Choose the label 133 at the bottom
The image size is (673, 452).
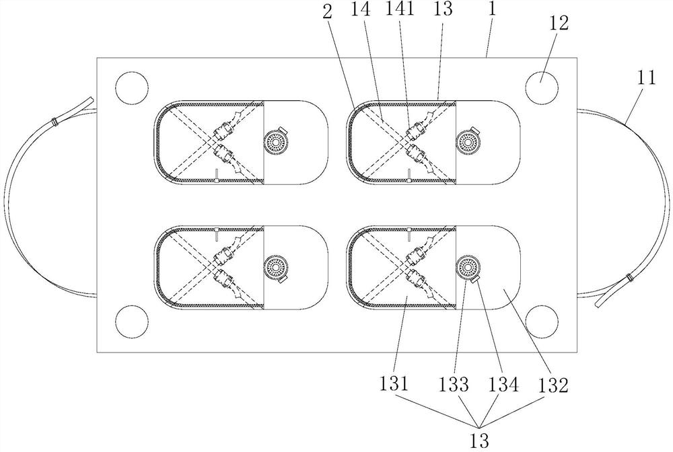456,384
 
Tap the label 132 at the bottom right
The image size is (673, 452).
554,384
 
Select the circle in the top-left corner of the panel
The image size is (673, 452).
131,88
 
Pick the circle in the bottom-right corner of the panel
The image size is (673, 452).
542,319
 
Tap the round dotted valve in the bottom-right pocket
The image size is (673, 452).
466,267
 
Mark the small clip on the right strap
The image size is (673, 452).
629,278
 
